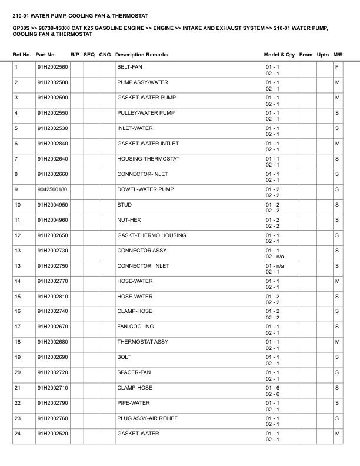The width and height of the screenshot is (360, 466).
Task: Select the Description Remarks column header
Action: coord(142,55)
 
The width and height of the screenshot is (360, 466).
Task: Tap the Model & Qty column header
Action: coord(279,55)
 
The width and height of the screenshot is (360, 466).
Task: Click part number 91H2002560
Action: coord(52,67)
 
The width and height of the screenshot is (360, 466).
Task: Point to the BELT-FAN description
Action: coord(130,67)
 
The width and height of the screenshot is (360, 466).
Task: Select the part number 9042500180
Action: coord(52,189)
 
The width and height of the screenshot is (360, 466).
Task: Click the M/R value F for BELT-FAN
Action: coord(336,67)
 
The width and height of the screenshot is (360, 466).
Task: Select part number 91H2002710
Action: coord(52,388)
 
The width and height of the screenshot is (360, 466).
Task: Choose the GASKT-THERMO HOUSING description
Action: coord(152,235)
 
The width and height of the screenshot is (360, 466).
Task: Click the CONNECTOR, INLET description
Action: coord(143,266)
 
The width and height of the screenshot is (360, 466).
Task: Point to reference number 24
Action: coord(18,434)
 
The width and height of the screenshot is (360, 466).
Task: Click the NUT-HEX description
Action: coord(129,220)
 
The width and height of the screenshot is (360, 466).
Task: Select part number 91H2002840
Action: coord(52,144)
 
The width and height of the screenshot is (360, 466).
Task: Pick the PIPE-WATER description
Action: coord(134,403)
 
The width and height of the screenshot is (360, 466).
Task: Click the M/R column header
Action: coord(338,55)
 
